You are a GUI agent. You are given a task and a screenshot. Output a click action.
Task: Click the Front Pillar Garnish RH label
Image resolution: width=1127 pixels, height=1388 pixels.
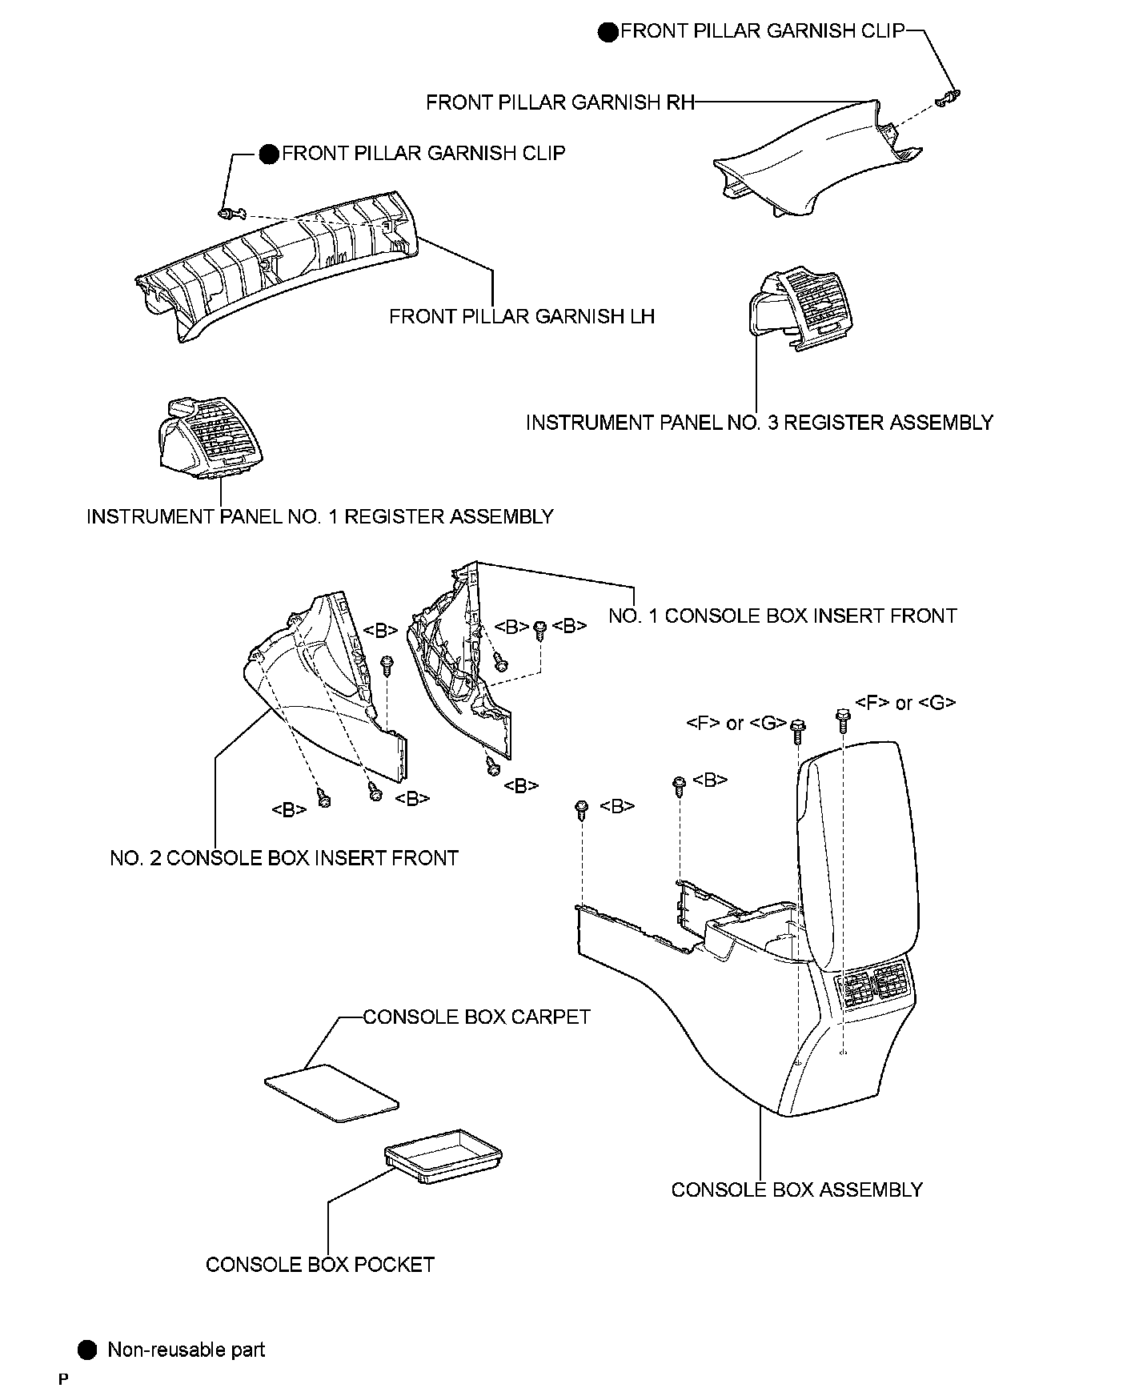tap(559, 102)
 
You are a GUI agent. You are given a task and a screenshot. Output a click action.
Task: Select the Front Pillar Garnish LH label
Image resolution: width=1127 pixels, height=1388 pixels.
tap(521, 316)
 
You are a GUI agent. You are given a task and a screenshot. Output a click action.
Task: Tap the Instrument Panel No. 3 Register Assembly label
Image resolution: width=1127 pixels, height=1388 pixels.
tap(759, 423)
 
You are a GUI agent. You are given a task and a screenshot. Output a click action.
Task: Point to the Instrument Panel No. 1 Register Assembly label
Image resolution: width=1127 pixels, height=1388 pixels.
tap(319, 516)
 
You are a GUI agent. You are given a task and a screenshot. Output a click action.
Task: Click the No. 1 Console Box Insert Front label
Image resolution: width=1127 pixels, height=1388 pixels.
tap(782, 616)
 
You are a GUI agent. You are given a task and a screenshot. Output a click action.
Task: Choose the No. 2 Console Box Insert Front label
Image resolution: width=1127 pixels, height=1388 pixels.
tap(283, 858)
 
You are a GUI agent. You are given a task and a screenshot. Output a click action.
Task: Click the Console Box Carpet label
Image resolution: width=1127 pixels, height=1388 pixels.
tap(476, 1017)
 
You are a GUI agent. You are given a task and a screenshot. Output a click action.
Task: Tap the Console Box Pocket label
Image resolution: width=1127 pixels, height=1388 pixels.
tap(319, 1265)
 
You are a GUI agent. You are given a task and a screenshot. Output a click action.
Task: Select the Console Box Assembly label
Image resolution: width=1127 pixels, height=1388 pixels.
tap(796, 1189)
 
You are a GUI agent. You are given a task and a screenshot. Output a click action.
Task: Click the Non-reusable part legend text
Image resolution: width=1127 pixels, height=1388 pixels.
tap(186, 1350)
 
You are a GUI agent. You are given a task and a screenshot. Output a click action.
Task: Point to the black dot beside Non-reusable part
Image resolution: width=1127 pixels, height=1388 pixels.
tap(87, 1350)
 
